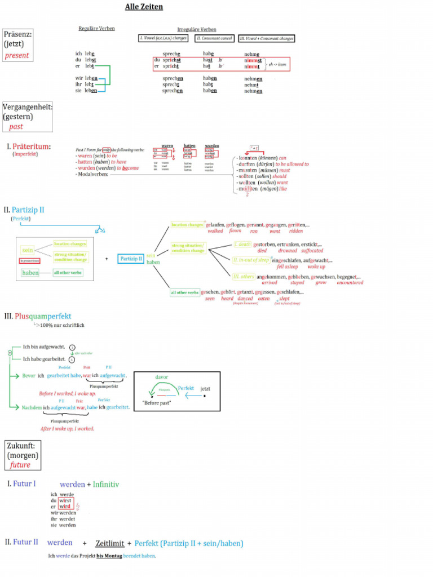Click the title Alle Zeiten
point(144,7)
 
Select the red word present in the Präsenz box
point(16,56)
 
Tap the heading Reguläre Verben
point(96,28)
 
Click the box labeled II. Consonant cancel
point(214,38)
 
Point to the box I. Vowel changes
point(164,38)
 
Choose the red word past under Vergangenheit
point(16,127)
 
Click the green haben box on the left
point(30,273)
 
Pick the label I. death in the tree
point(242,245)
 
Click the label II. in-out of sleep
point(251,260)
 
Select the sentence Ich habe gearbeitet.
point(44,359)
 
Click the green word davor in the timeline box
point(161,377)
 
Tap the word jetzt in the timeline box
point(205,389)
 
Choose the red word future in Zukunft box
point(20,465)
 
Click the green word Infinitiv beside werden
point(106,484)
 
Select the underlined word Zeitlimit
point(109,543)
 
